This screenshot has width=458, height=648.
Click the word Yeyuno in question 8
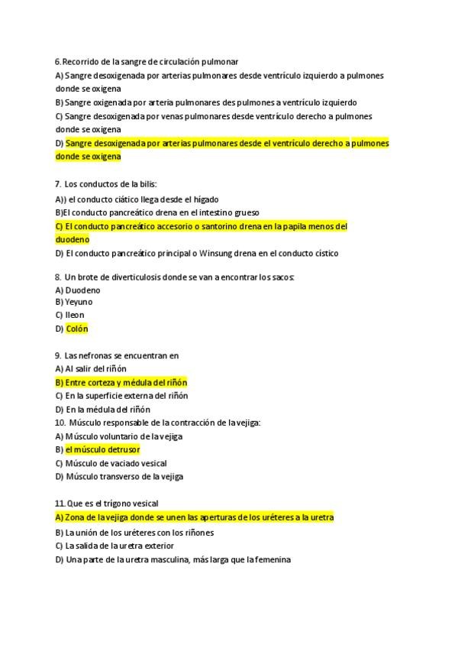point(79,302)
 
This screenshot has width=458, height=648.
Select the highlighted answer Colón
point(77,329)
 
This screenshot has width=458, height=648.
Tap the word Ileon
point(75,315)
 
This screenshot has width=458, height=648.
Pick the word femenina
point(270,559)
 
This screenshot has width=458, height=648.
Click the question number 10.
point(60,423)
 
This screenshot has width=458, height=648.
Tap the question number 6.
point(58,61)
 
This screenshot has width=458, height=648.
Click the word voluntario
point(121,436)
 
